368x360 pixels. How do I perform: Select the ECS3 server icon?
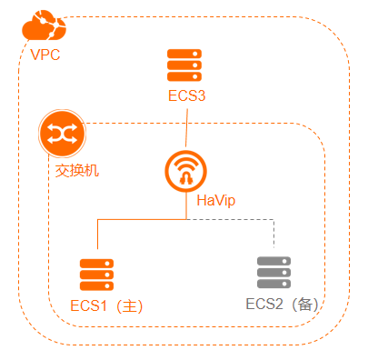tap(185, 66)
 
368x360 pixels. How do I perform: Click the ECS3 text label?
tap(186, 95)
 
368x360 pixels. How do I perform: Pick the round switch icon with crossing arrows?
tap(63, 135)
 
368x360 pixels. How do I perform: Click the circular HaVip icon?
tap(186, 170)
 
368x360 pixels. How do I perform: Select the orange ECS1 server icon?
tap(96, 274)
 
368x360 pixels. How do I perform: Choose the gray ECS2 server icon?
tap(274, 273)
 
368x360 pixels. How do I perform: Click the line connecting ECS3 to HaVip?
tap(186, 127)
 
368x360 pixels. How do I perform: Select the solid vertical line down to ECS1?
tap(97, 238)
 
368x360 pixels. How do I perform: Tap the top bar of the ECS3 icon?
tap(185, 55)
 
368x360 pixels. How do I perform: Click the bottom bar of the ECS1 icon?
tap(96, 285)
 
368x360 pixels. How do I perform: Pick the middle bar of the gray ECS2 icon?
tap(274, 273)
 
